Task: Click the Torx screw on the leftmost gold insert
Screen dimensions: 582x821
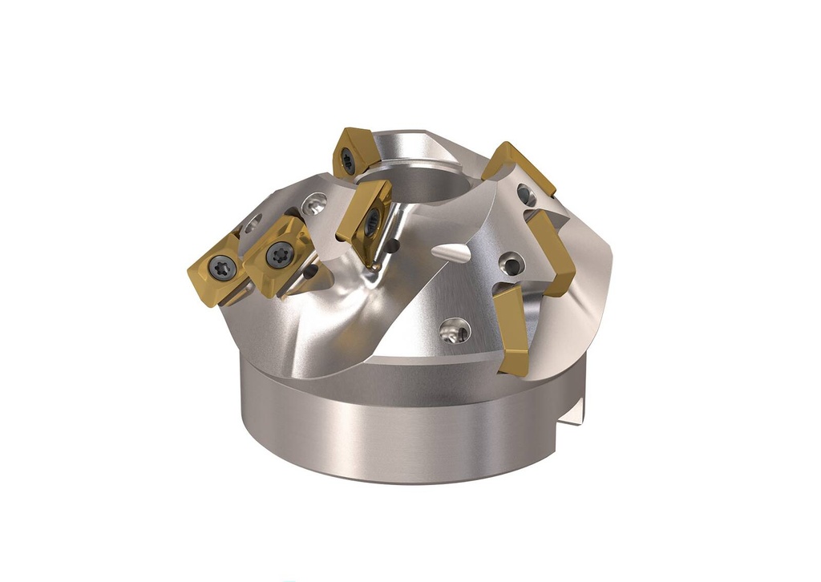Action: coord(223,267)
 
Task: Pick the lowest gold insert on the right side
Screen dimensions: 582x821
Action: coord(511,329)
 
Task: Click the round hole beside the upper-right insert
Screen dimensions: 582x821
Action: coord(525,194)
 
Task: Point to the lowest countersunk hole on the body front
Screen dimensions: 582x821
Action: coord(455,328)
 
